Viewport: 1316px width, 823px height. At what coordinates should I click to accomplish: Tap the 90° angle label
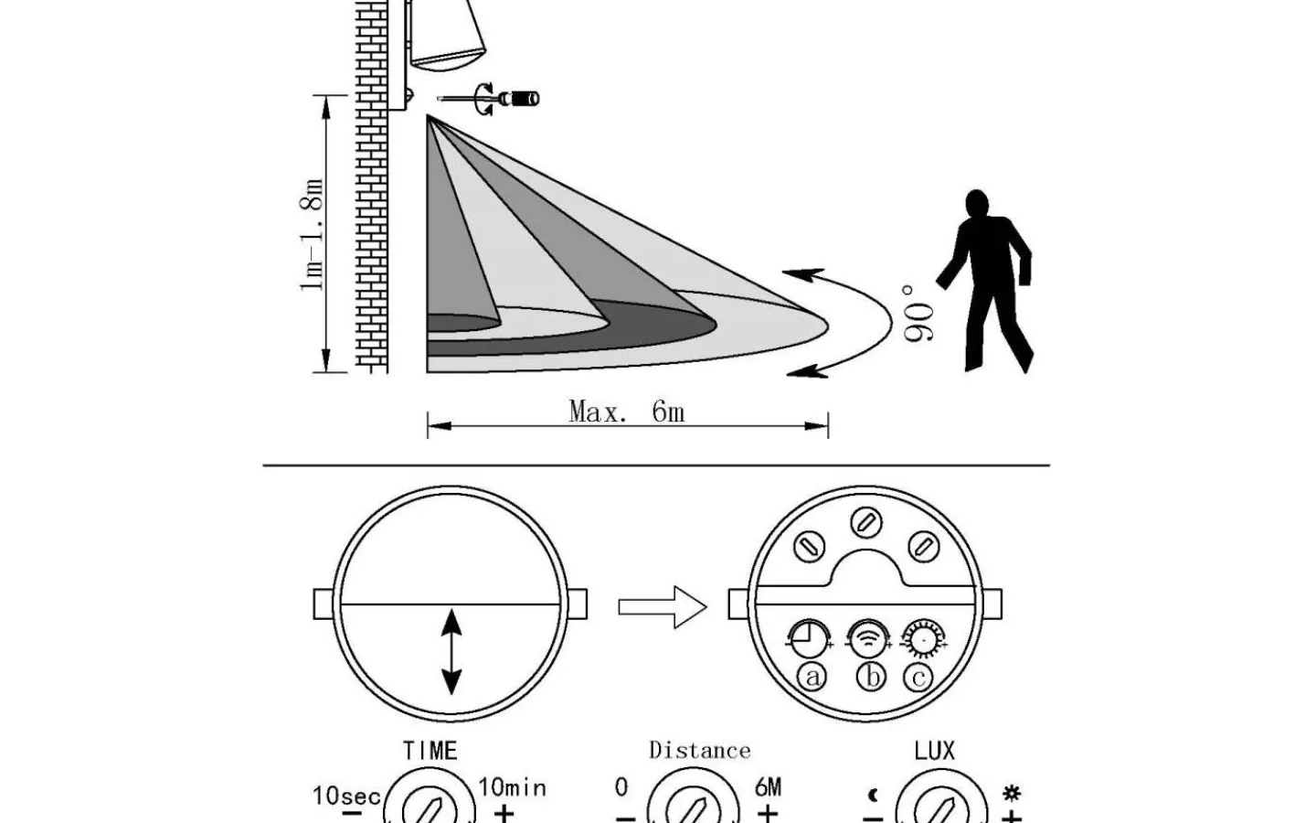[919, 314]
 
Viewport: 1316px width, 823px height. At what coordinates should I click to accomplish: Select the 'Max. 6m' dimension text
[627, 411]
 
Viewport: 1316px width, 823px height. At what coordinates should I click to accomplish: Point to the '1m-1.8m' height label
[313, 235]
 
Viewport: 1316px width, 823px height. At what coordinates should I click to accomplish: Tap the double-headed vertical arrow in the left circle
[451, 653]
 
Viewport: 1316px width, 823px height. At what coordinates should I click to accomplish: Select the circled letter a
[812, 677]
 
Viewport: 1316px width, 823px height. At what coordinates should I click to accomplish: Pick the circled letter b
[871, 677]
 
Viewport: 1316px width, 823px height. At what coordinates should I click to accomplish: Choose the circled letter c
[918, 677]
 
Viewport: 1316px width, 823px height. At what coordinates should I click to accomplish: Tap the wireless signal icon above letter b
[866, 637]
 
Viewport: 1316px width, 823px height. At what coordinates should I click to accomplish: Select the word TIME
[430, 751]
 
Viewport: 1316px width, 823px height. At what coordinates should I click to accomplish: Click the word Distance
[699, 751]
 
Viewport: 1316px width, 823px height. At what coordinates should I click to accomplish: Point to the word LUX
[934, 751]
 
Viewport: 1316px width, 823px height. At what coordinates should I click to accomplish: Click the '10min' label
[512, 787]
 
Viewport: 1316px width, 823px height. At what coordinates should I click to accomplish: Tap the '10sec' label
[346, 796]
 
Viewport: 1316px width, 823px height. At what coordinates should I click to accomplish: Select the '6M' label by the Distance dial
[768, 787]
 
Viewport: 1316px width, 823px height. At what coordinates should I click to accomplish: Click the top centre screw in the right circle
[865, 522]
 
